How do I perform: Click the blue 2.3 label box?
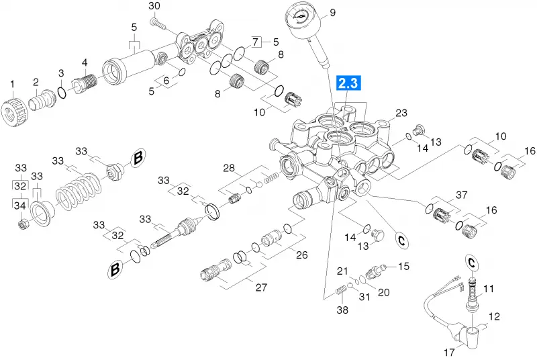(348, 83)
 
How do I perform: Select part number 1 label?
(12, 84)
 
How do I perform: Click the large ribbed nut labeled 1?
(14, 109)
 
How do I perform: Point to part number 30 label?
(154, 6)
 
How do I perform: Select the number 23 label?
(401, 113)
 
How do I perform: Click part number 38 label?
(342, 310)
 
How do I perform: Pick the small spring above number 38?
(341, 290)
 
